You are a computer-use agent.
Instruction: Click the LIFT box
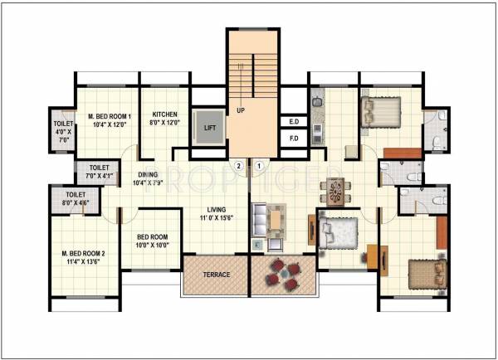[209, 129]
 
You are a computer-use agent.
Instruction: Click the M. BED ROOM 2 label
[83, 256]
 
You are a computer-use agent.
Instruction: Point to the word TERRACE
[215, 275]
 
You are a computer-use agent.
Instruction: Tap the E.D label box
[293, 122]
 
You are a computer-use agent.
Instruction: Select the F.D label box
[293, 139]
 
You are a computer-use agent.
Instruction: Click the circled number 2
[238, 166]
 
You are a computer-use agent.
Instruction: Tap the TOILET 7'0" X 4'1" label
[100, 171]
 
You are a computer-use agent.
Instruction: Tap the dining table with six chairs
[334, 192]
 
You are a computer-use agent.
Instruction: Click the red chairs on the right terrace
[283, 275]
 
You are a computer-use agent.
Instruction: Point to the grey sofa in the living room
[261, 221]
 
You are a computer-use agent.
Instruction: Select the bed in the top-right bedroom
[381, 111]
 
